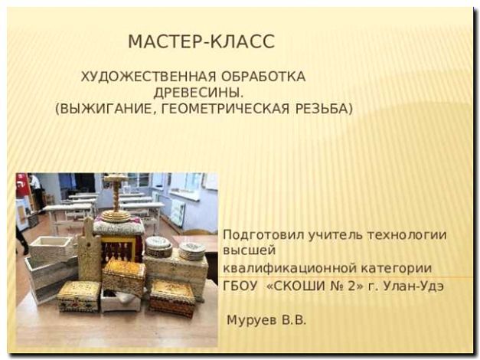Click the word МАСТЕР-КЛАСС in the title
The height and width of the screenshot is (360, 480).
(x=201, y=41)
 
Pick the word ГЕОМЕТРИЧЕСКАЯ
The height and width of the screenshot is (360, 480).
(x=217, y=109)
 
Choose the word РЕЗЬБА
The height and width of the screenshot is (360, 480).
(x=322, y=109)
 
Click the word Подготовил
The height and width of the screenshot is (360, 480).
(x=256, y=235)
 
